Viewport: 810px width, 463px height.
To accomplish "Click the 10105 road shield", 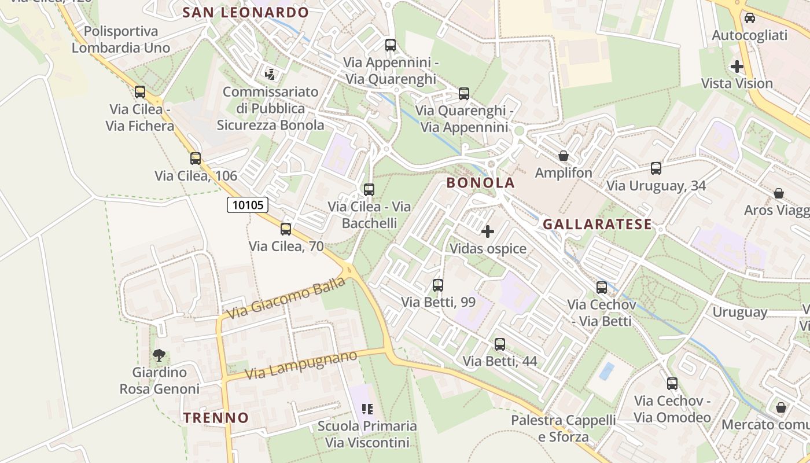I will tap(247, 204).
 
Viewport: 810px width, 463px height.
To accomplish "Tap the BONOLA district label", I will tap(480, 183).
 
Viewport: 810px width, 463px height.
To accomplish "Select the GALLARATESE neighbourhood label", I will tap(597, 224).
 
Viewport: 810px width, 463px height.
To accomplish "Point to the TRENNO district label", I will tap(216, 417).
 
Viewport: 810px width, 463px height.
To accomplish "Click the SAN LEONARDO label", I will tap(245, 12).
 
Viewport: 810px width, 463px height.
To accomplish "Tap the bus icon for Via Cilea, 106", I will tap(196, 158).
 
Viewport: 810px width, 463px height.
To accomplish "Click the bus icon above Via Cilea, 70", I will tap(286, 229).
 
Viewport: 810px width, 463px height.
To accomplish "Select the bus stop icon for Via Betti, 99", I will tap(438, 285).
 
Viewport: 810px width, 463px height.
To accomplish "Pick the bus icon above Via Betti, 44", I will tap(500, 344).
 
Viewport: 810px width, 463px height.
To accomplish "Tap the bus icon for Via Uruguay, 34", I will tap(656, 168).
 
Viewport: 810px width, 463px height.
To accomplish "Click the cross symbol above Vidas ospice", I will tap(488, 231).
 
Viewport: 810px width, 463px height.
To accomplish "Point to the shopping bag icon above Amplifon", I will tap(563, 156).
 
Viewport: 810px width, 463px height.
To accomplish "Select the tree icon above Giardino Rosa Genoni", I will tap(159, 355).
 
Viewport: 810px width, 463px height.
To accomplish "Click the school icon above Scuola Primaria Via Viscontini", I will tap(367, 409).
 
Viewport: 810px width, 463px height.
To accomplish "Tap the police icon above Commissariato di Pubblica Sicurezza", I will tap(270, 74).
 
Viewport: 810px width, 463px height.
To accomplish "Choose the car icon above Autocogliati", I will tap(750, 18).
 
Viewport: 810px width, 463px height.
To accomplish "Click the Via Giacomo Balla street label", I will tap(286, 298).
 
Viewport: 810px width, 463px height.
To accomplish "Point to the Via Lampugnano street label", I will tap(301, 365).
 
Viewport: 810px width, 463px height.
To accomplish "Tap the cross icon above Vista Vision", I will tap(737, 67).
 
